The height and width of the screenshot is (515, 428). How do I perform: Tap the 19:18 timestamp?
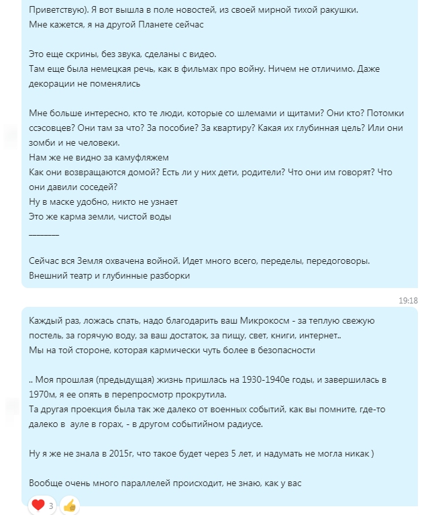point(408,301)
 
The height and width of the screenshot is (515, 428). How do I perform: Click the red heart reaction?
point(38,504)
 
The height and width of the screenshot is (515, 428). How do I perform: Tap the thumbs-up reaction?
point(70,505)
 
